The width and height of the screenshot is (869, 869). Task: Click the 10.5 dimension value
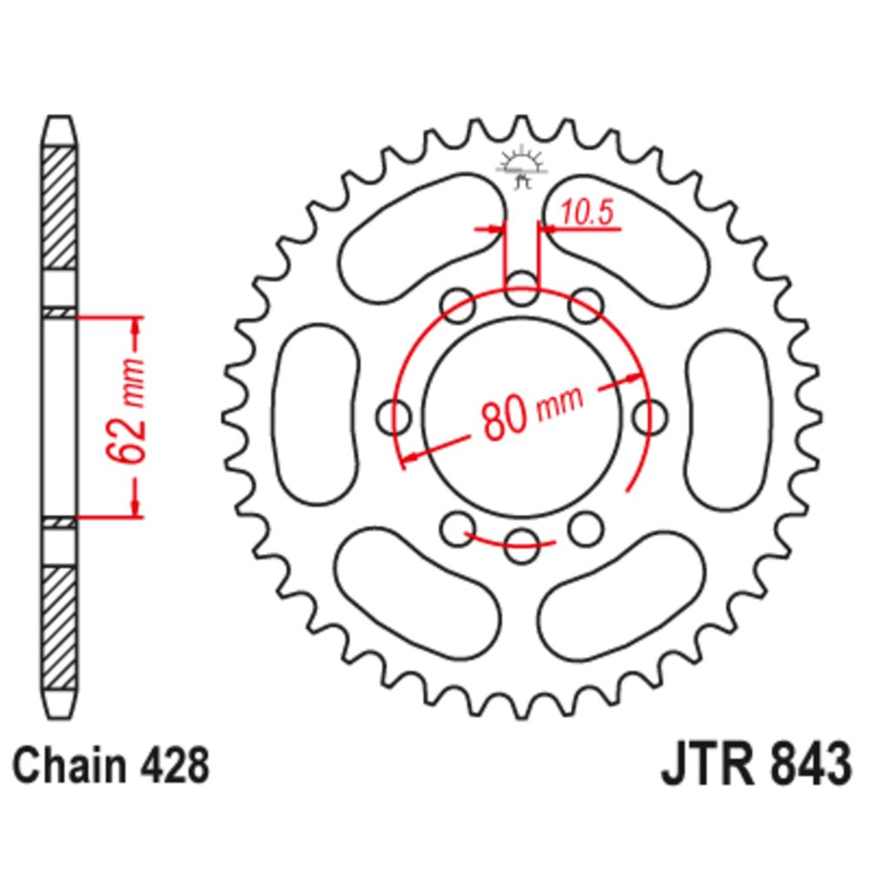coord(587,213)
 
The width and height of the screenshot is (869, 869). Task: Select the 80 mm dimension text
coord(532,412)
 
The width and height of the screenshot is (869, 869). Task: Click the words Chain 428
coord(111,766)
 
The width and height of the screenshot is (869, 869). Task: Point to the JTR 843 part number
coord(756,766)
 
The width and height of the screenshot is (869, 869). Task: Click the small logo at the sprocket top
coord(521,166)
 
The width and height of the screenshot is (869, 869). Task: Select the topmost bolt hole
coord(522,289)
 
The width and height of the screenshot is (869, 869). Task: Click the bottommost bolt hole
coord(521,546)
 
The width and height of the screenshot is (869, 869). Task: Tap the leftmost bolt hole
coord(394,417)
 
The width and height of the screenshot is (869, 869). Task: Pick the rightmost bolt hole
coord(650,417)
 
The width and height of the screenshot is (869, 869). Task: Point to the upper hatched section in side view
coord(59,209)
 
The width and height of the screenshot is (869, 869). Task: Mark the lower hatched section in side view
coord(59,627)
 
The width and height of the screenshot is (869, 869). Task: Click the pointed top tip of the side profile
coord(59,117)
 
